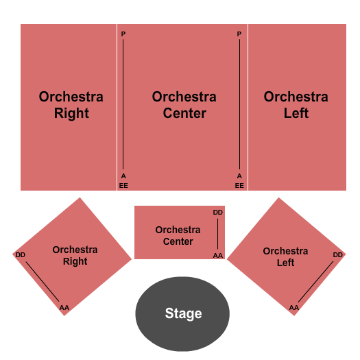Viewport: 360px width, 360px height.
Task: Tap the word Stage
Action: coord(183,314)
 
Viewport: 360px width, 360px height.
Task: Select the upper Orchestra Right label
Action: coord(71,105)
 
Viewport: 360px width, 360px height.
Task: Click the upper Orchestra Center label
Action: coord(184,105)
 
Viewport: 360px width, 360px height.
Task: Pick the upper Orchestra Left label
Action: coord(296,105)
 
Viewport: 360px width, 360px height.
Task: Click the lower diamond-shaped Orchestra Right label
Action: coord(75,256)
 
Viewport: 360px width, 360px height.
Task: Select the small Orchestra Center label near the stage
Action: coord(178,235)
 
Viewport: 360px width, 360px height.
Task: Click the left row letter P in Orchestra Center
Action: coord(123,34)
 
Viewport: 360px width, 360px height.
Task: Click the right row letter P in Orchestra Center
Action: coord(239,34)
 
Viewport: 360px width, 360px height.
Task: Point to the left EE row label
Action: coord(123,185)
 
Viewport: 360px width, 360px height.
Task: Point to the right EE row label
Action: coord(239,185)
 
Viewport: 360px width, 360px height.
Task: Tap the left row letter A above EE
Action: coord(123,176)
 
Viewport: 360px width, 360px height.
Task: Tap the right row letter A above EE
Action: coord(239,176)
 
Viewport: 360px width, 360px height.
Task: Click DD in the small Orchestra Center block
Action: coord(217,213)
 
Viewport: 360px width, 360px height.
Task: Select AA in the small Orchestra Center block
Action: coord(217,255)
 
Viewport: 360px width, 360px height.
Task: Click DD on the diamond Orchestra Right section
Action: coord(21,255)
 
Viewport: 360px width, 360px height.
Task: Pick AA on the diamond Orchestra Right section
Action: coord(64,307)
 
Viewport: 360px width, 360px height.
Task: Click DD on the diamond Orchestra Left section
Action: coord(337,255)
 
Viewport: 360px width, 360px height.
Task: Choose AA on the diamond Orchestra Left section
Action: coord(293,307)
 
